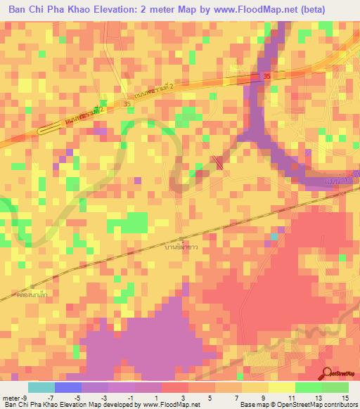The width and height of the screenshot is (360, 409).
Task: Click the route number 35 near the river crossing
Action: tap(264, 76)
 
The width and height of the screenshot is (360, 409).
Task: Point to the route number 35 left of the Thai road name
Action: tap(127, 104)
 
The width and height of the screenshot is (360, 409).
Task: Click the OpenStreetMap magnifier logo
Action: tap(326, 372)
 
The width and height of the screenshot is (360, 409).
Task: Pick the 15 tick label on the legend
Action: tap(347, 397)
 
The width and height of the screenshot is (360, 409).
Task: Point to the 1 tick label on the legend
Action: tap(161, 397)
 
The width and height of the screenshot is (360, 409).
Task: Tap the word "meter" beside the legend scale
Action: tap(12, 397)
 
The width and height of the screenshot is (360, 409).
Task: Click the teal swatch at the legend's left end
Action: tap(41, 387)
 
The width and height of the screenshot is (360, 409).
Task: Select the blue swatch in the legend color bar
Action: tap(68, 387)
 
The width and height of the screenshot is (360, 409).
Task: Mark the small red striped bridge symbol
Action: tap(219, 164)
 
